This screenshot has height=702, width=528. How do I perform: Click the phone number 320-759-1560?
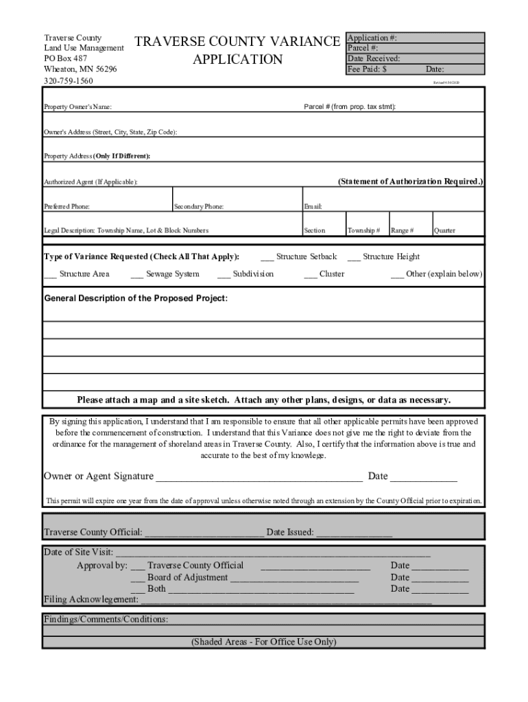pyautogui.click(x=69, y=81)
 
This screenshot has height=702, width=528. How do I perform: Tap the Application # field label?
pyautogui.click(x=372, y=38)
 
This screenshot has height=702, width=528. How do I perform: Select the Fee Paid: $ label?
pyautogui.click(x=368, y=69)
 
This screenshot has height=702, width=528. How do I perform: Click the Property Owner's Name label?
pyautogui.click(x=78, y=107)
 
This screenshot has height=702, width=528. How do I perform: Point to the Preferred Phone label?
pyautogui.click(x=67, y=206)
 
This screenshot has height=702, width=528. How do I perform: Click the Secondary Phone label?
pyautogui.click(x=199, y=206)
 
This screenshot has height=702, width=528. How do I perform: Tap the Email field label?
pyautogui.click(x=313, y=206)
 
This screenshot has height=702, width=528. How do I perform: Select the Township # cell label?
pyautogui.click(x=363, y=231)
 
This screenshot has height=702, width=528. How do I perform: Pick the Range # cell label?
pyautogui.click(x=402, y=231)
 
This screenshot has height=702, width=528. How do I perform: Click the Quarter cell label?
pyautogui.click(x=444, y=231)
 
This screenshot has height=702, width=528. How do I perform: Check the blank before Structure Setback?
pyautogui.click(x=267, y=258)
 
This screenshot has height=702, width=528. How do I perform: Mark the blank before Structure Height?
pyautogui.click(x=353, y=258)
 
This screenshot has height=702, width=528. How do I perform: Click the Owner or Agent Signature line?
pyautogui.click(x=259, y=477)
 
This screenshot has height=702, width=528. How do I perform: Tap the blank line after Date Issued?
pyautogui.click(x=354, y=533)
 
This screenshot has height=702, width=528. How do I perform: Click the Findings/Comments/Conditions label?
pyautogui.click(x=106, y=619)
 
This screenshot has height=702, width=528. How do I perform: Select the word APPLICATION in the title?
pyautogui.click(x=237, y=60)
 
